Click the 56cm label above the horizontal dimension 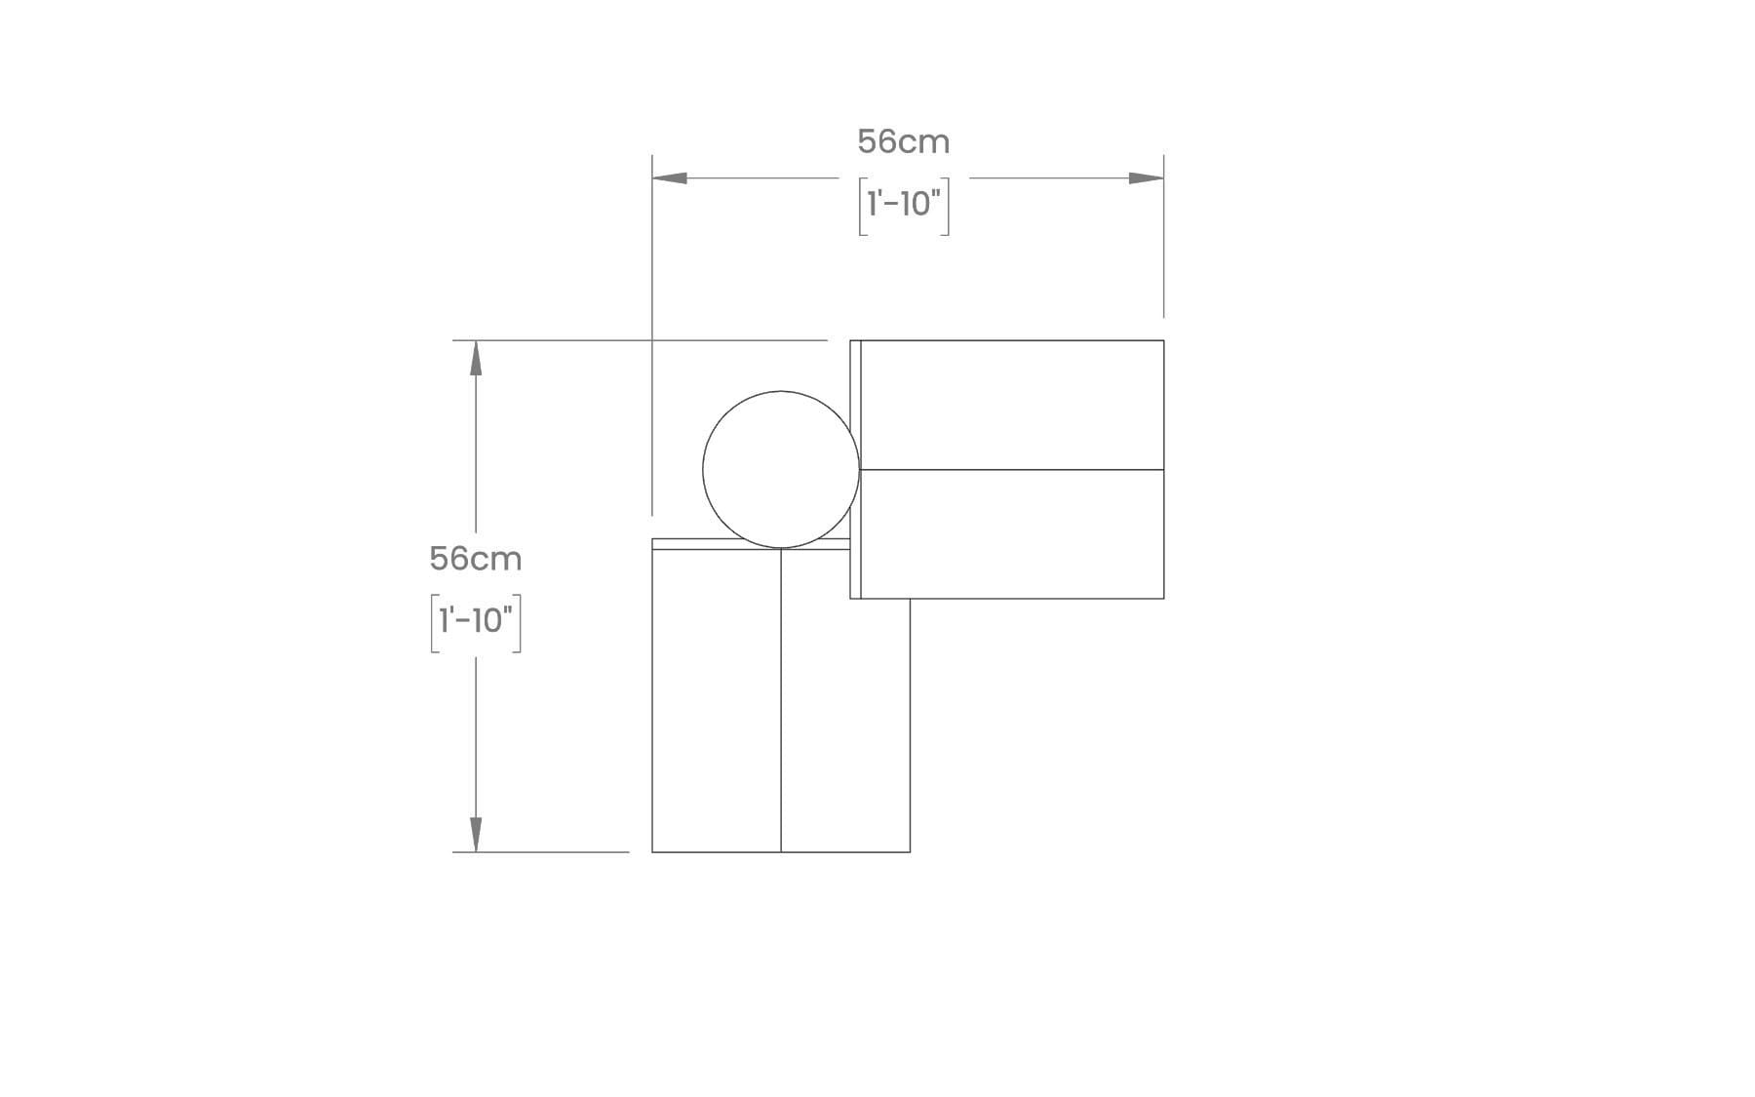click(903, 142)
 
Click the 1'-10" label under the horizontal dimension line click(904, 205)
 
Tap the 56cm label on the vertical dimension click(476, 559)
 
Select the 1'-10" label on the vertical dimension click(476, 621)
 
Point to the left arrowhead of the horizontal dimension click(670, 178)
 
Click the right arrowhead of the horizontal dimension click(1146, 178)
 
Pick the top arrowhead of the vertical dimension click(476, 358)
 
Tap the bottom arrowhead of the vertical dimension click(476, 834)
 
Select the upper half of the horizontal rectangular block click(1012, 405)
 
